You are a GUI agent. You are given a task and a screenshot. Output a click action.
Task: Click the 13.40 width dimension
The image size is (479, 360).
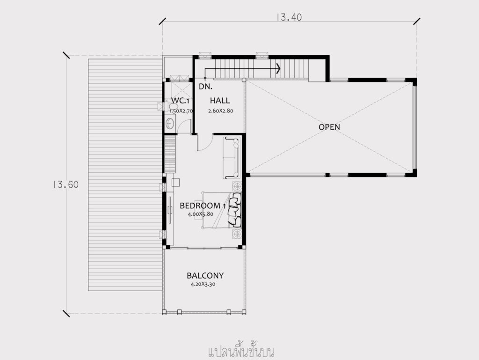(x=289, y=17)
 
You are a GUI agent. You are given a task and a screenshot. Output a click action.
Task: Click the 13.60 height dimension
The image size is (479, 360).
(x=65, y=184)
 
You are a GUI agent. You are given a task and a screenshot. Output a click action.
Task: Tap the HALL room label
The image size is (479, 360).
(x=220, y=100)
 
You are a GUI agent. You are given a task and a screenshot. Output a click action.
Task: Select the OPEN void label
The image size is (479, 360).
(x=329, y=127)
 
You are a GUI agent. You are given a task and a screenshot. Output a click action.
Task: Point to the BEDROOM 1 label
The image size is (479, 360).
(x=203, y=206)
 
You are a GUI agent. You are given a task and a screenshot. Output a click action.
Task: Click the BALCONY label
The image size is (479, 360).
(x=205, y=276)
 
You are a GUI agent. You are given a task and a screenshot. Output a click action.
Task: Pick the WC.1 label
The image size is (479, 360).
(x=180, y=101)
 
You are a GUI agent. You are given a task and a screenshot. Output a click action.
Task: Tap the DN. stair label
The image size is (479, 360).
(x=205, y=87)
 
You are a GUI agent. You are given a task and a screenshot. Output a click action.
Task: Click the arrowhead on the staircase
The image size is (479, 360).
(x=278, y=68)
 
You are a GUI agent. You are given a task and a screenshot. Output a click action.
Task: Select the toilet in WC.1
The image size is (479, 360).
(x=174, y=106)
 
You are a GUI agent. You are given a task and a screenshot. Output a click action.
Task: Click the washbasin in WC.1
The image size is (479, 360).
(x=170, y=124)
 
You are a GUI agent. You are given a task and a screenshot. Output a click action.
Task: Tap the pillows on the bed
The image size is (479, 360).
(x=235, y=210)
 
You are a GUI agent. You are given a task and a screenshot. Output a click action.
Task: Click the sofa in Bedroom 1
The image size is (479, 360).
(x=232, y=158)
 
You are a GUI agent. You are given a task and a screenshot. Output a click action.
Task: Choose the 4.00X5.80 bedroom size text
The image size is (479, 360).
(x=200, y=214)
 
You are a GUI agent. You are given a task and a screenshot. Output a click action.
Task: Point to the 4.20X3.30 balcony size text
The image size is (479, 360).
(x=203, y=284)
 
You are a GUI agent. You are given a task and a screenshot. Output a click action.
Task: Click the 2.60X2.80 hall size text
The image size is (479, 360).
(x=221, y=110)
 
